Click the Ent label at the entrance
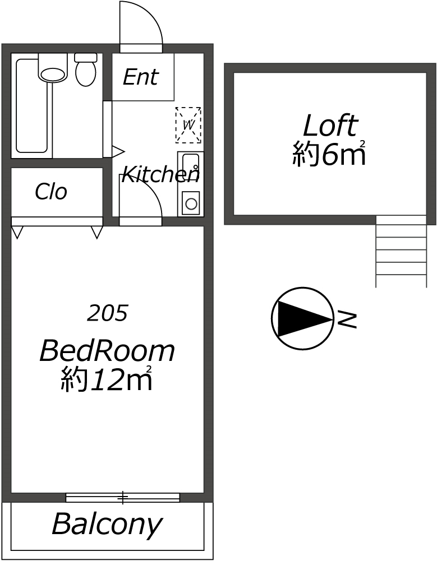click(140, 77)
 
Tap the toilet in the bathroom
click(86, 69)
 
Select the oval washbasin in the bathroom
click(52, 75)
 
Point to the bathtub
click(31, 106)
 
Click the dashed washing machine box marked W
click(188, 125)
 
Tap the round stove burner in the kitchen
click(191, 203)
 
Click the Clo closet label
click(51, 192)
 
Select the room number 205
click(107, 313)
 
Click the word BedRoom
click(107, 351)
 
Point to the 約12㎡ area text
click(107, 378)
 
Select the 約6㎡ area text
click(329, 154)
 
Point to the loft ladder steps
click(401, 251)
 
